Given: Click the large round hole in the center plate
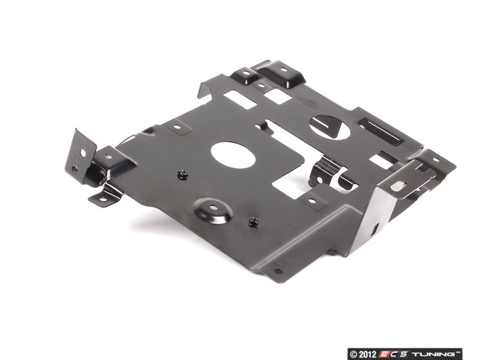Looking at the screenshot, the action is (233, 155).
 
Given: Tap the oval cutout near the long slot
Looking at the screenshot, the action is (329, 127).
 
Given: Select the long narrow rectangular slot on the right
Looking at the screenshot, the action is (380, 131).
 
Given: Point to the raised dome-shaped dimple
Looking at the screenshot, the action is (213, 211).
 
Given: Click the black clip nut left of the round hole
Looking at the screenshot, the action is (183, 175).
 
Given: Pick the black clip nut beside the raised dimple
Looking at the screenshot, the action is (253, 221).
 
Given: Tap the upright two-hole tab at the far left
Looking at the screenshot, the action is (80, 157).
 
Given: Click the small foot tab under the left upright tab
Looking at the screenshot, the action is (104, 197).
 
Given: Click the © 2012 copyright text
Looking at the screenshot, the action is (363, 354).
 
